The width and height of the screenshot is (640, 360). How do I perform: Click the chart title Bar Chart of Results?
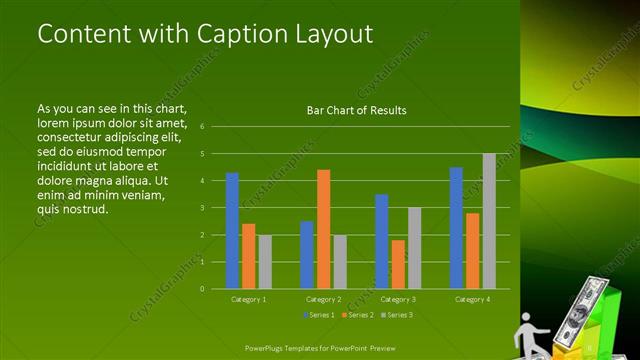(356, 110)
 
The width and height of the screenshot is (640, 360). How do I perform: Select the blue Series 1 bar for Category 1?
(232, 231)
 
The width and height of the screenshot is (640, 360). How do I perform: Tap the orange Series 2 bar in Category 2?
(323, 229)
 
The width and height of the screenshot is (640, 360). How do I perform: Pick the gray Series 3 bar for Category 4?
(489, 221)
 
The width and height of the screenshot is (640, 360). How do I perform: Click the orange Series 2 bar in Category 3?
(398, 264)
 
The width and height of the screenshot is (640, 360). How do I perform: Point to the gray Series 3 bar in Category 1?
(264, 262)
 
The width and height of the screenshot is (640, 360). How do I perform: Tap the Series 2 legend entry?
(357, 315)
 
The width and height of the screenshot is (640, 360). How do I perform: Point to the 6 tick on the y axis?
(202, 127)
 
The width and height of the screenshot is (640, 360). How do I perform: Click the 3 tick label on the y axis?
(202, 208)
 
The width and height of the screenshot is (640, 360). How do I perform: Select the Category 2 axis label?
(323, 299)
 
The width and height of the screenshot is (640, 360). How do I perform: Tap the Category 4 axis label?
(472, 299)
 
